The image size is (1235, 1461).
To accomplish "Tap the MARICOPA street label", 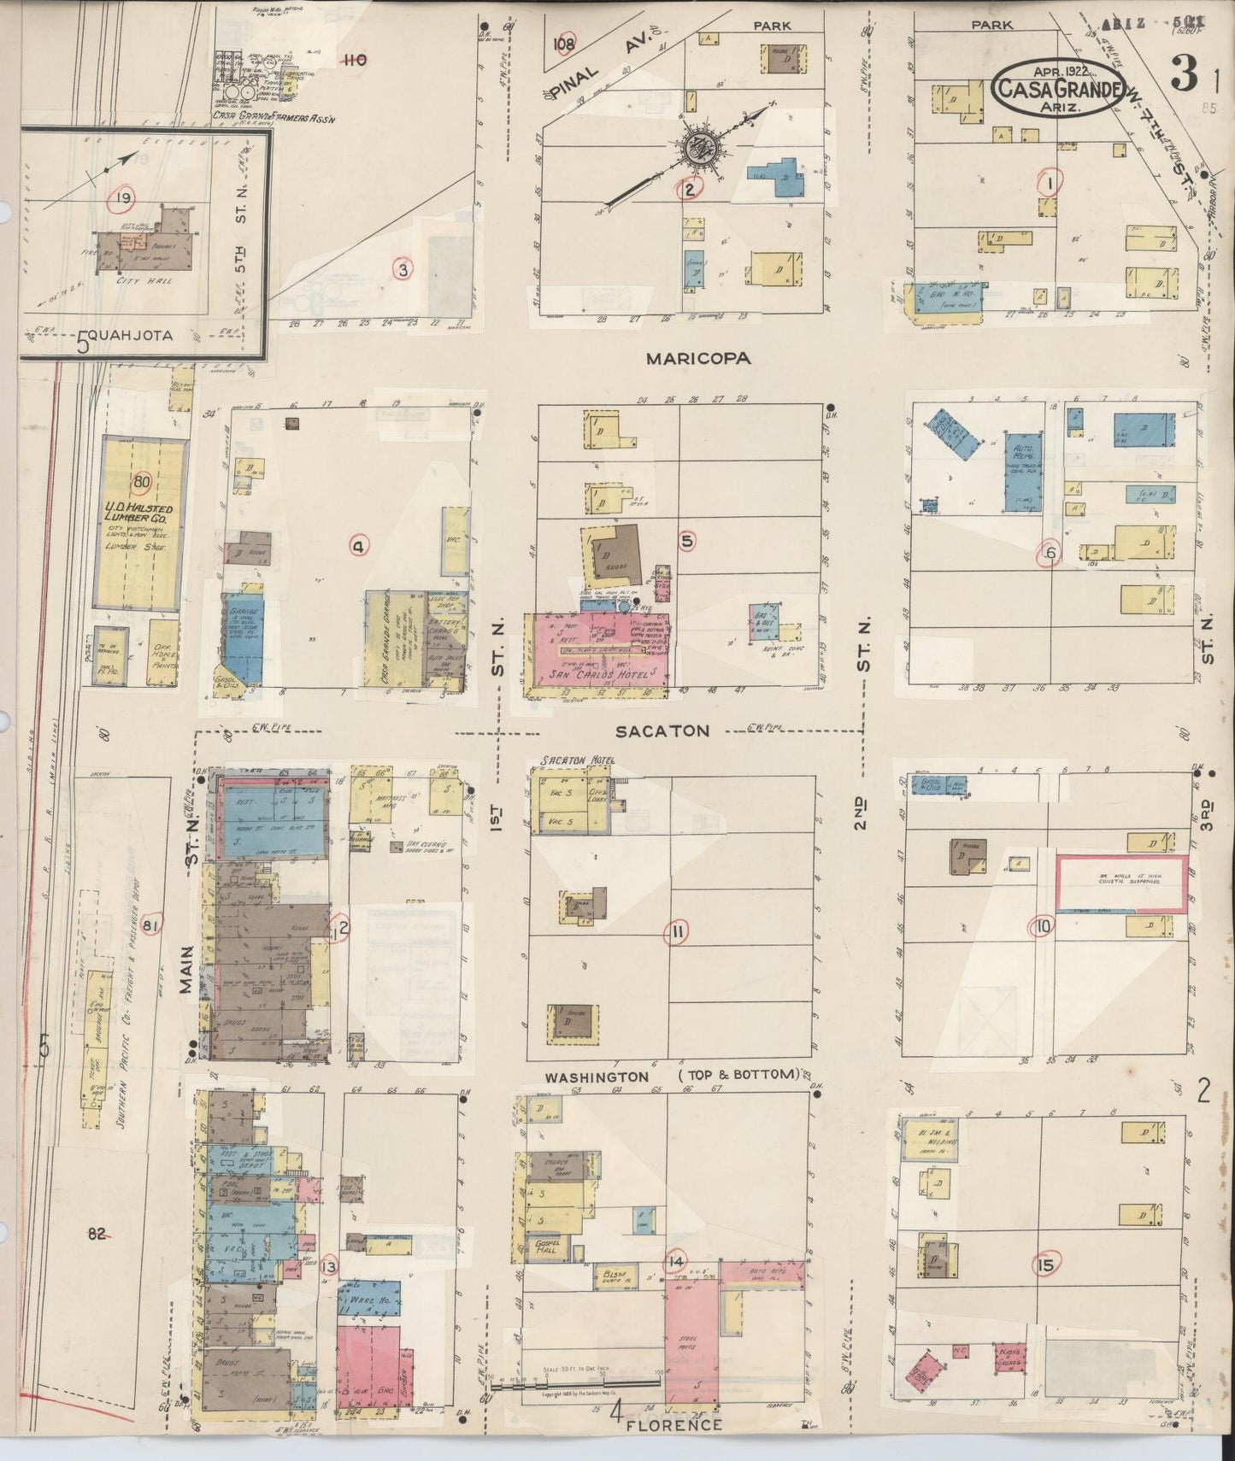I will [x=698, y=359].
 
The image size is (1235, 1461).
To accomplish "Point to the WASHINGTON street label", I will [x=597, y=1077].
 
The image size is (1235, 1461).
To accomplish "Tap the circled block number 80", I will [x=141, y=482].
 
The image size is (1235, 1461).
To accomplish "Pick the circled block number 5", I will [x=687, y=540].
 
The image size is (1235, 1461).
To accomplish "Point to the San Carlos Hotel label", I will [x=597, y=673].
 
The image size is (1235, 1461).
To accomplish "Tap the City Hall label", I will [x=147, y=280].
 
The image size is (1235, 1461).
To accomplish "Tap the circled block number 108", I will [x=564, y=44].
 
